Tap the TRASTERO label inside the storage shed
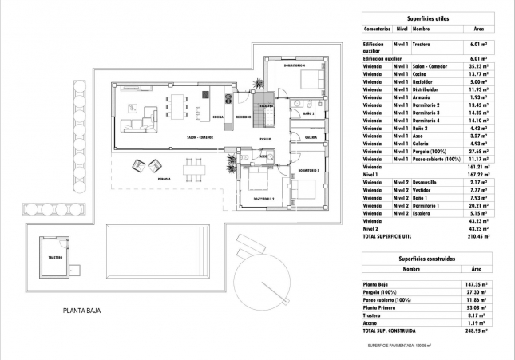(x=54, y=257)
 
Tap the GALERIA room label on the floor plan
(x=311, y=136)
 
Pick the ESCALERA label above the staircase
(x=267, y=105)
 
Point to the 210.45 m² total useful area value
(x=476, y=237)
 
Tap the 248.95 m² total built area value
(x=476, y=330)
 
